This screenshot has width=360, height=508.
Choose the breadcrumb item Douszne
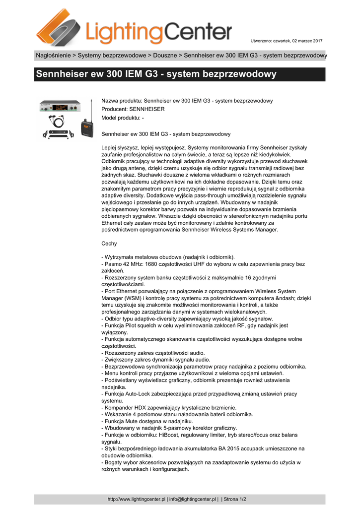pos(164,55)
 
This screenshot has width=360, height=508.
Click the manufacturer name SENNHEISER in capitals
pos(147,109)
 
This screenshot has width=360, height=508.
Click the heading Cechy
pos(109,244)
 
